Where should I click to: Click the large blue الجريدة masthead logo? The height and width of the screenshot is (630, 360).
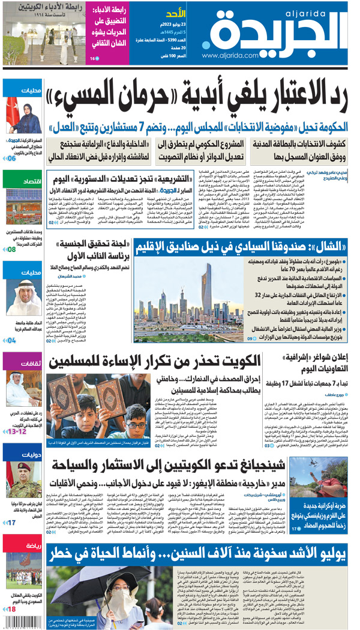282,30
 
